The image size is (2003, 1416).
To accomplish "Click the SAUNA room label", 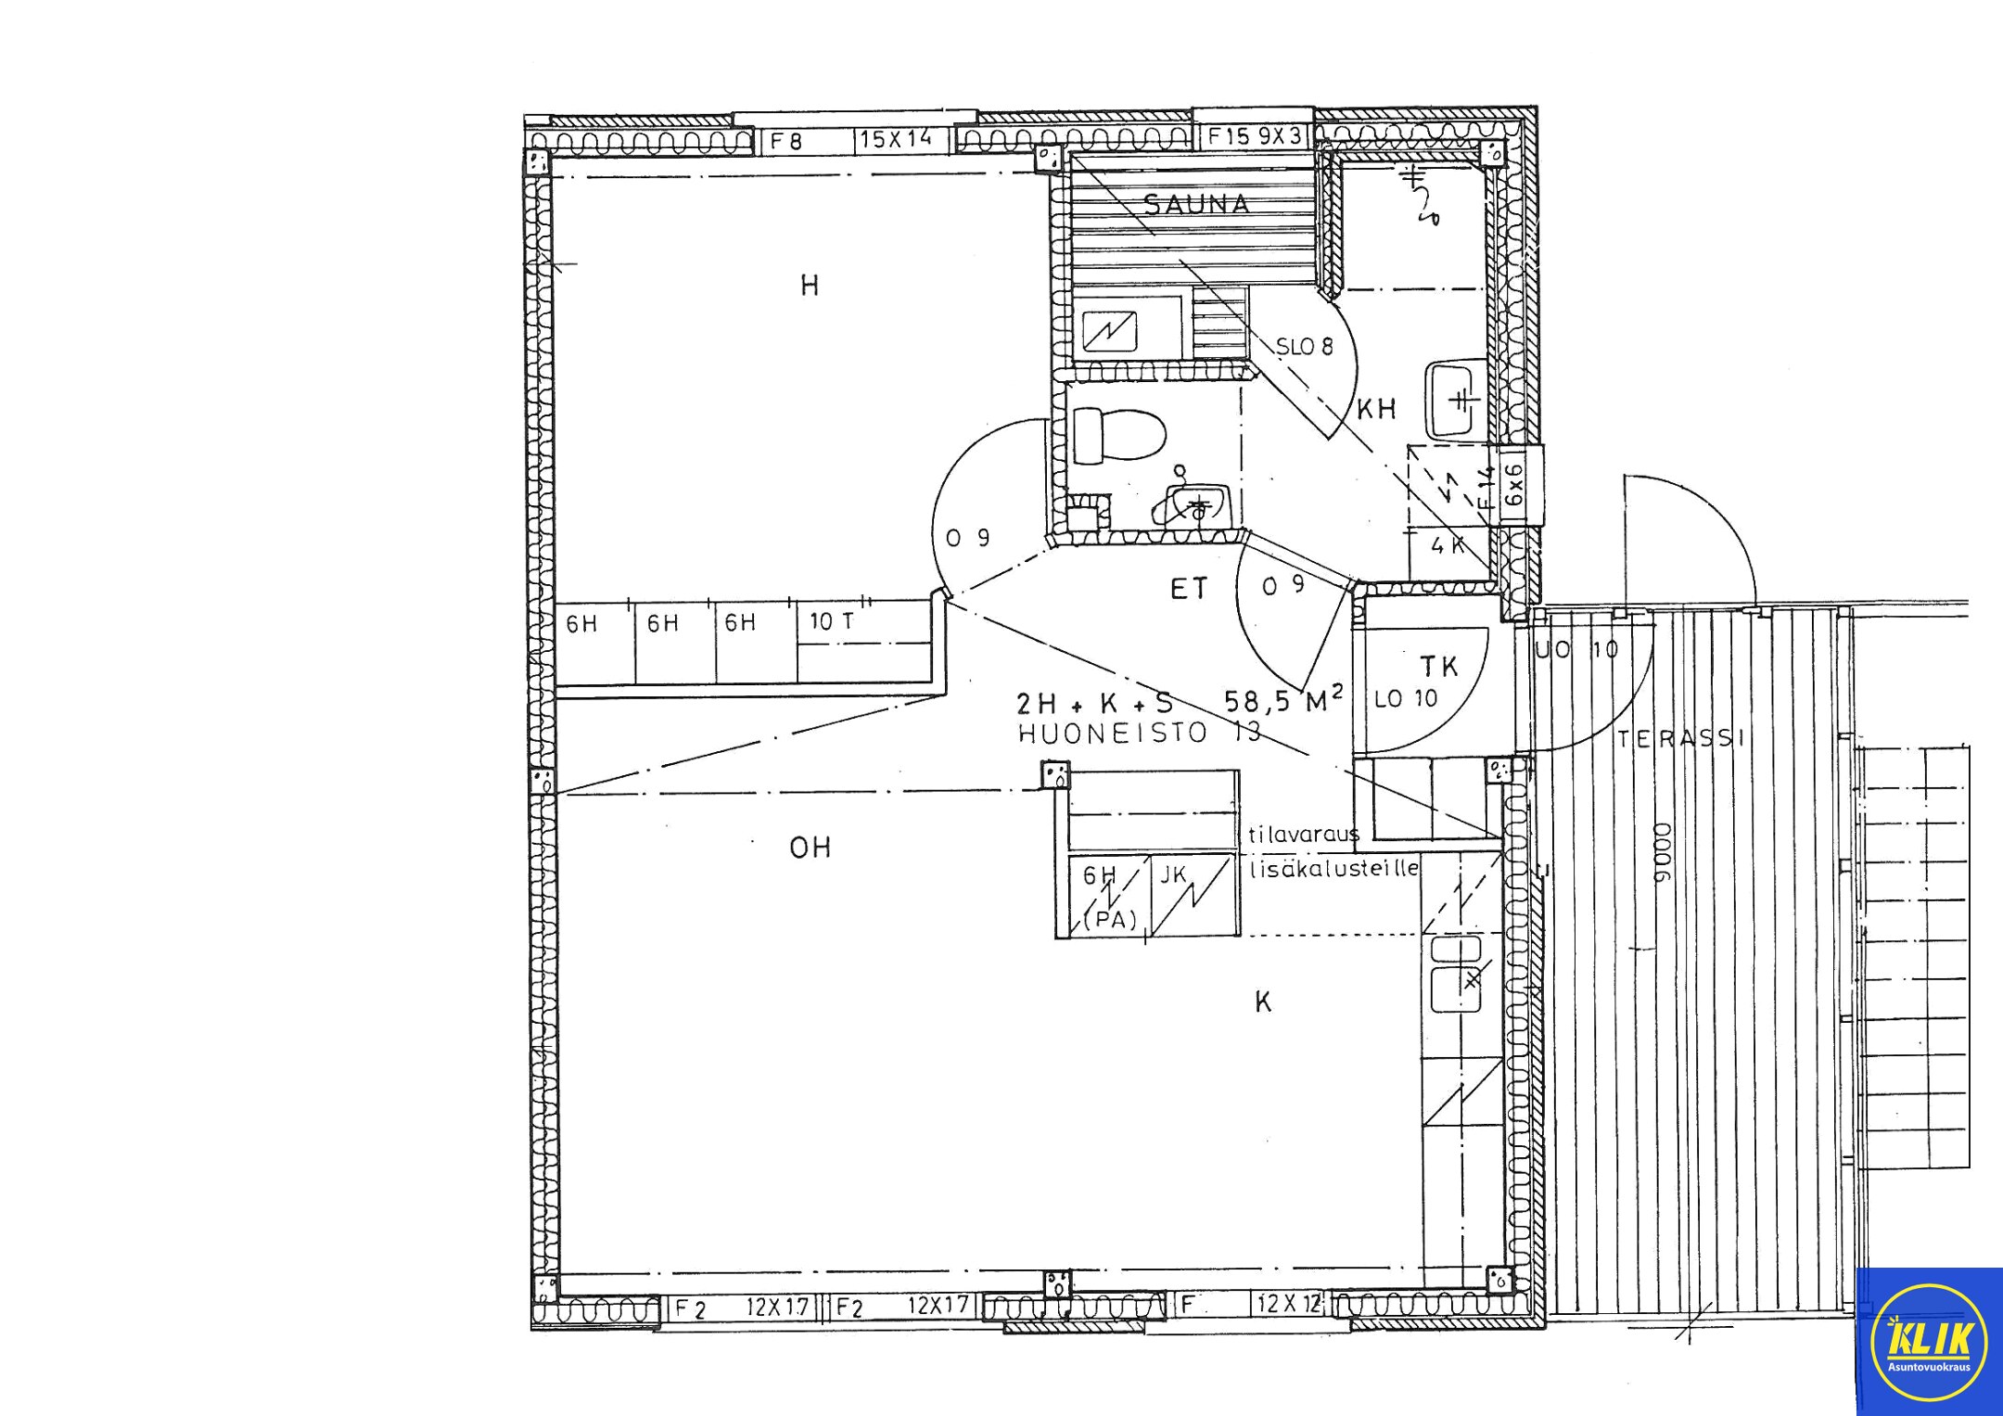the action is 1196,204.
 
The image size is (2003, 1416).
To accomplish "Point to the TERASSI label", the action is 1681,739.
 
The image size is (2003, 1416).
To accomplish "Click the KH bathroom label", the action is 1376,410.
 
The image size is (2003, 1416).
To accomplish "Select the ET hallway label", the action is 1189,589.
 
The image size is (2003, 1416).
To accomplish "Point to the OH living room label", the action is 810,848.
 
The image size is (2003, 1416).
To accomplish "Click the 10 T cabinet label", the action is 832,622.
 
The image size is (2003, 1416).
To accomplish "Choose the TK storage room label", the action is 1439,666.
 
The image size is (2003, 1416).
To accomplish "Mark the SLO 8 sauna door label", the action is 1304,348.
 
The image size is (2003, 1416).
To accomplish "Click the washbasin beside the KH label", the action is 1451,401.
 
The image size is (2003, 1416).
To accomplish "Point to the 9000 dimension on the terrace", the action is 1662,852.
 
